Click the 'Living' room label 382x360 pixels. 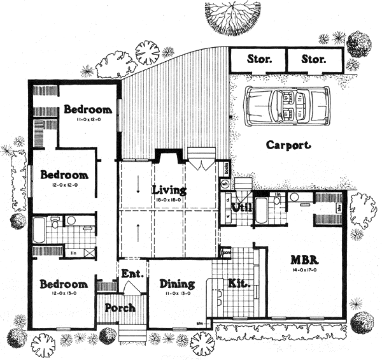coord(169,190)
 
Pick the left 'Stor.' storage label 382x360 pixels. coord(258,61)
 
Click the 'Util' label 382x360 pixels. coord(242,208)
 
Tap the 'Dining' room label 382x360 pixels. coord(173,284)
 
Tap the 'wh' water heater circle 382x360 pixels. coord(224,183)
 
